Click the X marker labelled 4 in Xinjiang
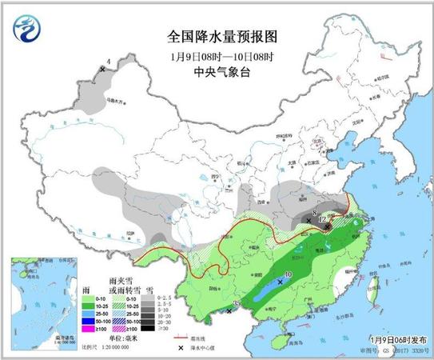tap(102, 70)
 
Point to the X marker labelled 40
tap(280, 282)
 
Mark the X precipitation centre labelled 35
tap(229, 311)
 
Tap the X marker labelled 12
tap(328, 226)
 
